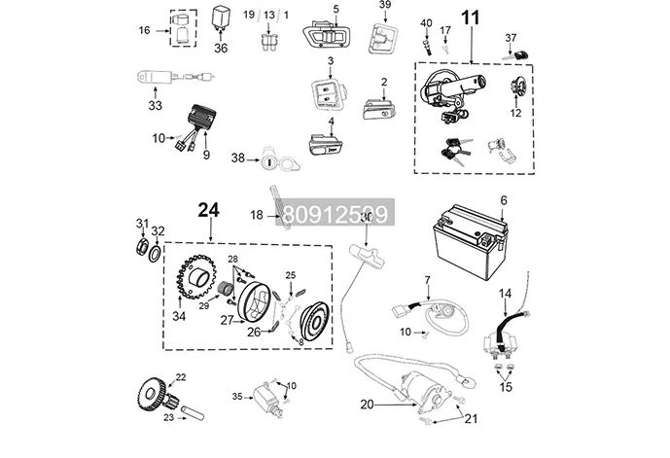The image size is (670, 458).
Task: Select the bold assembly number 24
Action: point(209,210)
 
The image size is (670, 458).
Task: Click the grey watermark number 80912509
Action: point(335,214)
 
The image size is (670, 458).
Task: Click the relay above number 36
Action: point(220,18)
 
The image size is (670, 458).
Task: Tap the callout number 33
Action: point(154,105)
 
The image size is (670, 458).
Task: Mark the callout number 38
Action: point(237,158)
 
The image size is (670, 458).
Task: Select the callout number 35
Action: point(236,397)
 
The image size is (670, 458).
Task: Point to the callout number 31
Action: point(141,226)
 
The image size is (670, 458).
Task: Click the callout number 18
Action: point(257,214)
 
